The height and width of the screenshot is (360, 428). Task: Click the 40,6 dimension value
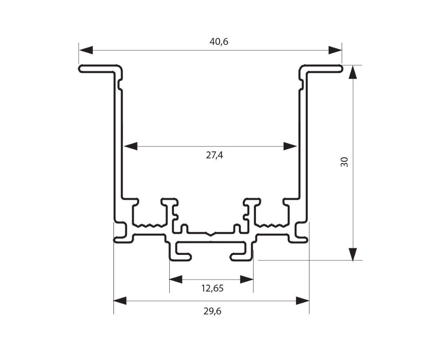[x=219, y=42]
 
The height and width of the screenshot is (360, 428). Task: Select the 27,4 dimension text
[x=214, y=155]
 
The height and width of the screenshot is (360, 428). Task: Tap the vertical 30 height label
[x=345, y=162]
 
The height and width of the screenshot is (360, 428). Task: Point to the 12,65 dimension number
[x=213, y=288]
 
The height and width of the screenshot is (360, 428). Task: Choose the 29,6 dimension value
[x=213, y=311]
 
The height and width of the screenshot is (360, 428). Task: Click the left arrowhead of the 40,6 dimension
[x=86, y=50]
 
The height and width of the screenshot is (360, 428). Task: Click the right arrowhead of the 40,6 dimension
[x=335, y=50]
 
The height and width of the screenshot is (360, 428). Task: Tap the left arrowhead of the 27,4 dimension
[x=130, y=146]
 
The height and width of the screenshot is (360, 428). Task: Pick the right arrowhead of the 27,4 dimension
[x=290, y=146]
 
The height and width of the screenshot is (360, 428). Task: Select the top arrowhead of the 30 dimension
[x=353, y=72]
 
